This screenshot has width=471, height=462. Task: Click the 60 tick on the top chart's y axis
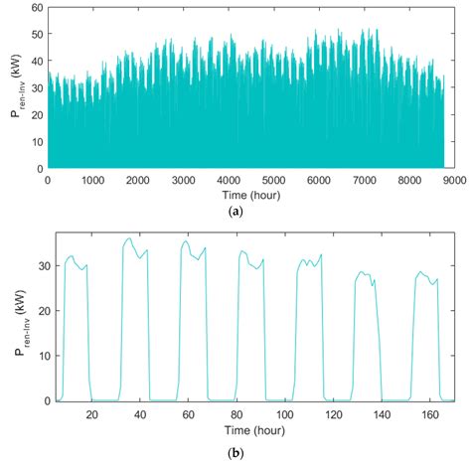click(x=37, y=8)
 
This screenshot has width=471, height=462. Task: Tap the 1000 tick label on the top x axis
click(x=92, y=181)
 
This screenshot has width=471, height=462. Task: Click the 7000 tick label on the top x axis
click(x=363, y=181)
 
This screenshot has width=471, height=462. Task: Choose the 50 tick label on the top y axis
click(x=37, y=35)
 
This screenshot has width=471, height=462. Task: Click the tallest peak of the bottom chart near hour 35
click(x=129, y=238)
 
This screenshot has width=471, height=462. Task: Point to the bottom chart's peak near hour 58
click(x=185, y=240)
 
